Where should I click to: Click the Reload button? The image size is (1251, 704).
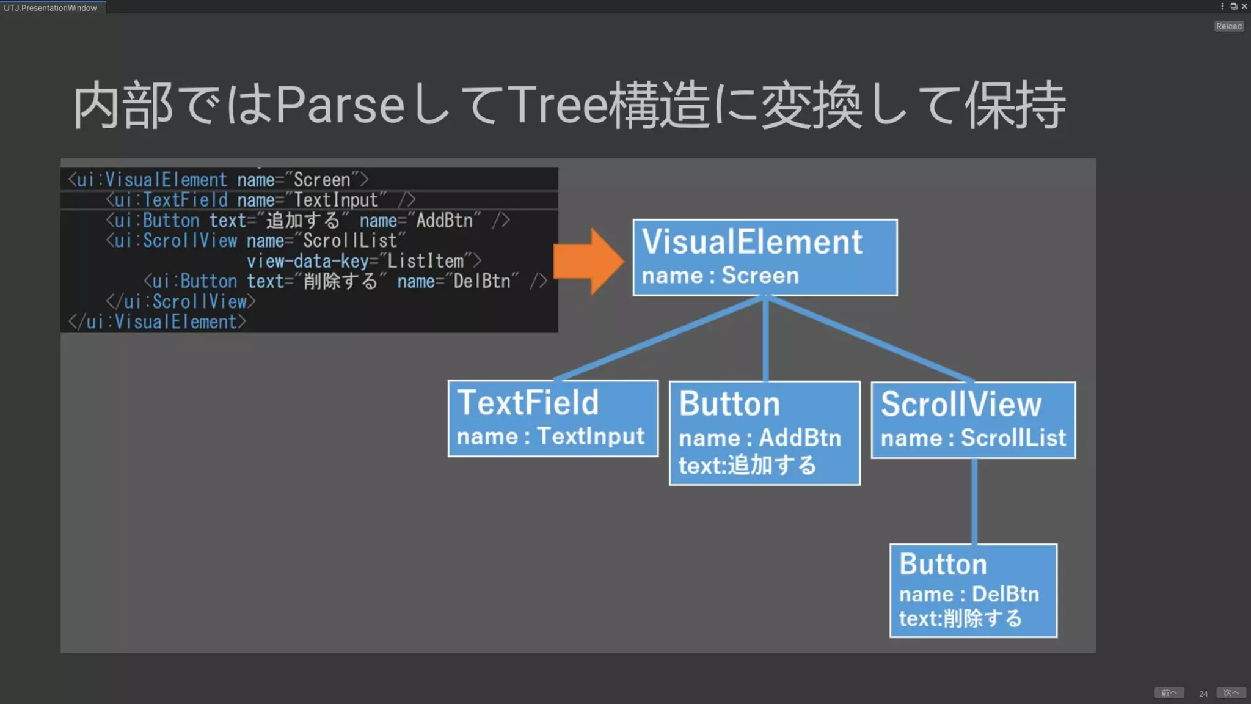point(1228,26)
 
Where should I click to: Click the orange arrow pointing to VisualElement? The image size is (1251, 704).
point(586,262)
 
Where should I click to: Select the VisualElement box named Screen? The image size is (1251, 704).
point(765,257)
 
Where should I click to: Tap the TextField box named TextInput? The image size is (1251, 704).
point(553,419)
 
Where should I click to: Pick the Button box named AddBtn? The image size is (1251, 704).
point(764,433)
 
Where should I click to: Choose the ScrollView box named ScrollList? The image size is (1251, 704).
point(973,420)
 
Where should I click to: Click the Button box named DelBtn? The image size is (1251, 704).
point(973,590)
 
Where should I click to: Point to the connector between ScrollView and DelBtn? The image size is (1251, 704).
point(974,501)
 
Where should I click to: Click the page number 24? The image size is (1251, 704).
point(1203,694)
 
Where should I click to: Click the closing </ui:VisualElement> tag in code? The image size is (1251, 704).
point(158,322)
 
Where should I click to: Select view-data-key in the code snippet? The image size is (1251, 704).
point(308,262)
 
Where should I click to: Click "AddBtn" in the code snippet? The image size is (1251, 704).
point(444,221)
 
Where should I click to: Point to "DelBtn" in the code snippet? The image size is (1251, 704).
point(481,282)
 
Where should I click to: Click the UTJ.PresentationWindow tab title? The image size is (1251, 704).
point(50,8)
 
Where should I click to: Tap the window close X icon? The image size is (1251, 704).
point(1244,6)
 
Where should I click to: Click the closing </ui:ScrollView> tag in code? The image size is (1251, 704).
point(181,302)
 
